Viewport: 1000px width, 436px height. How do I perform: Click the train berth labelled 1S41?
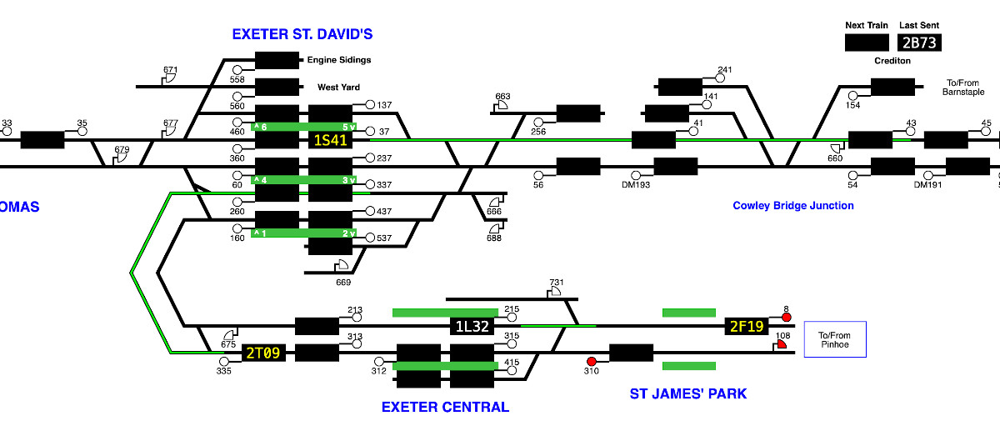point(332,140)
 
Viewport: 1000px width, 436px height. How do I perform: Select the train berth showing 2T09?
point(263,353)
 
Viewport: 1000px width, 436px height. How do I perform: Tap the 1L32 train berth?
point(472,326)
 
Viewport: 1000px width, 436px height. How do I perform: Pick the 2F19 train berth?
point(747,326)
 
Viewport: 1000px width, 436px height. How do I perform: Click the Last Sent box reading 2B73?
point(919,43)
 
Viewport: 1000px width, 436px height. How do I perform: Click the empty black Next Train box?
point(867,43)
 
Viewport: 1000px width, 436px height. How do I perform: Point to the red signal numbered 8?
point(786,318)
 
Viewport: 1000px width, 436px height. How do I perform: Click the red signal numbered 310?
point(592,362)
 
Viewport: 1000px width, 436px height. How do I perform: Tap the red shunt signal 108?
point(782,347)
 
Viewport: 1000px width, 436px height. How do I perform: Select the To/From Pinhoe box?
point(835,339)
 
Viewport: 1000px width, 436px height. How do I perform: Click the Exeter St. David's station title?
point(302,34)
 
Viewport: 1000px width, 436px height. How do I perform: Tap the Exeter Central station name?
point(445,407)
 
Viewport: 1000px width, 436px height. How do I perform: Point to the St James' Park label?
point(687,393)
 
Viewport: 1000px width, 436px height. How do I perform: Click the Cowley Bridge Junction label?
point(793,205)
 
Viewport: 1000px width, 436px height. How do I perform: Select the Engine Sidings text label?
point(339,60)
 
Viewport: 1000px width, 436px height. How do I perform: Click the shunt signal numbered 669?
point(342,267)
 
